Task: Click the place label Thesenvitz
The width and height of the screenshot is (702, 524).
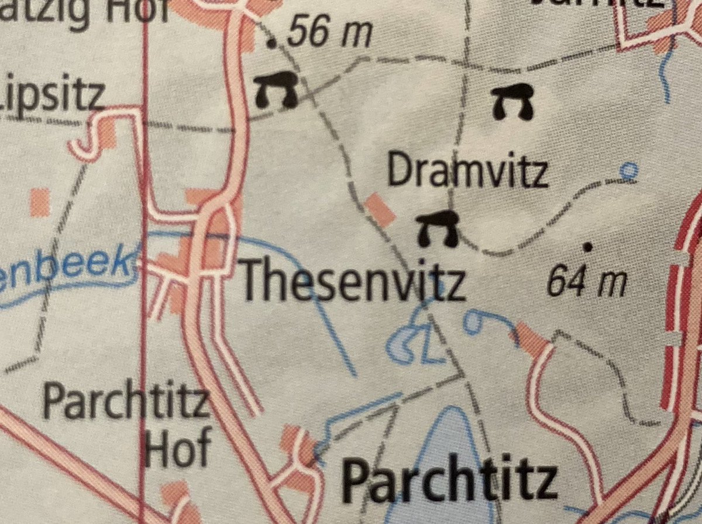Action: (x=353, y=282)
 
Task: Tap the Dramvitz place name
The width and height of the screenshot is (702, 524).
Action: (x=467, y=171)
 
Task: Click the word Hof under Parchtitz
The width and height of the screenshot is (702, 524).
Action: (x=178, y=450)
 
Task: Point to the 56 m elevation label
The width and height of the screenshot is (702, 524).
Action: (x=330, y=34)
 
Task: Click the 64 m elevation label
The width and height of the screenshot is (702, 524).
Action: (x=587, y=283)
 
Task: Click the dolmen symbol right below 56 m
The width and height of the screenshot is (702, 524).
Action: (x=276, y=90)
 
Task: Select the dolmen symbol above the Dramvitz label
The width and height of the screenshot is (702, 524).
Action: (x=512, y=102)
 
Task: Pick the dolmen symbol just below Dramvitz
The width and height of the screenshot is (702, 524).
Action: (x=437, y=228)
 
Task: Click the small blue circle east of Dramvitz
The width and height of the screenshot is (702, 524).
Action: (x=628, y=170)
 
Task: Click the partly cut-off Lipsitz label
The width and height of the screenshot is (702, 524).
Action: (x=53, y=94)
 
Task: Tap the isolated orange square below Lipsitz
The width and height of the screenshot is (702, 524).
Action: (x=40, y=202)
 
